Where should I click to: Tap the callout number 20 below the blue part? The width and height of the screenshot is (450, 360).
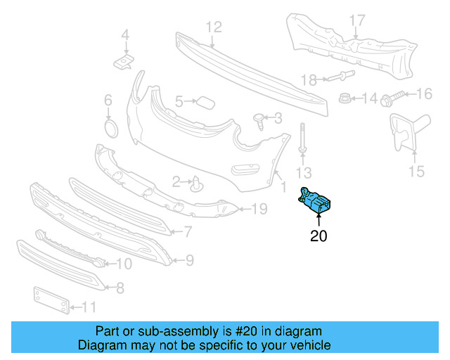tap(319, 237)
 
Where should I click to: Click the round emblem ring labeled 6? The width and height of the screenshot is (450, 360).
tap(110, 129)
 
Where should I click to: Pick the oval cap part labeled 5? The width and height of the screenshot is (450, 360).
tap(205, 103)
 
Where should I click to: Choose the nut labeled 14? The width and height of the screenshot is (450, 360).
tap(345, 98)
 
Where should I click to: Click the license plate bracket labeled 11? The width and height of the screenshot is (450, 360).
tap(51, 300)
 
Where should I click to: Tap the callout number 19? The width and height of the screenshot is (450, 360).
tap(259, 208)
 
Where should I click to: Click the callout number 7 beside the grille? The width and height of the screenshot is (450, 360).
tap(188, 231)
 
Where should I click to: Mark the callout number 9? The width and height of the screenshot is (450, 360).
tap(189, 261)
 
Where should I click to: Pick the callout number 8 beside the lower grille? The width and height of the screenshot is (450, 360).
tap(120, 287)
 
